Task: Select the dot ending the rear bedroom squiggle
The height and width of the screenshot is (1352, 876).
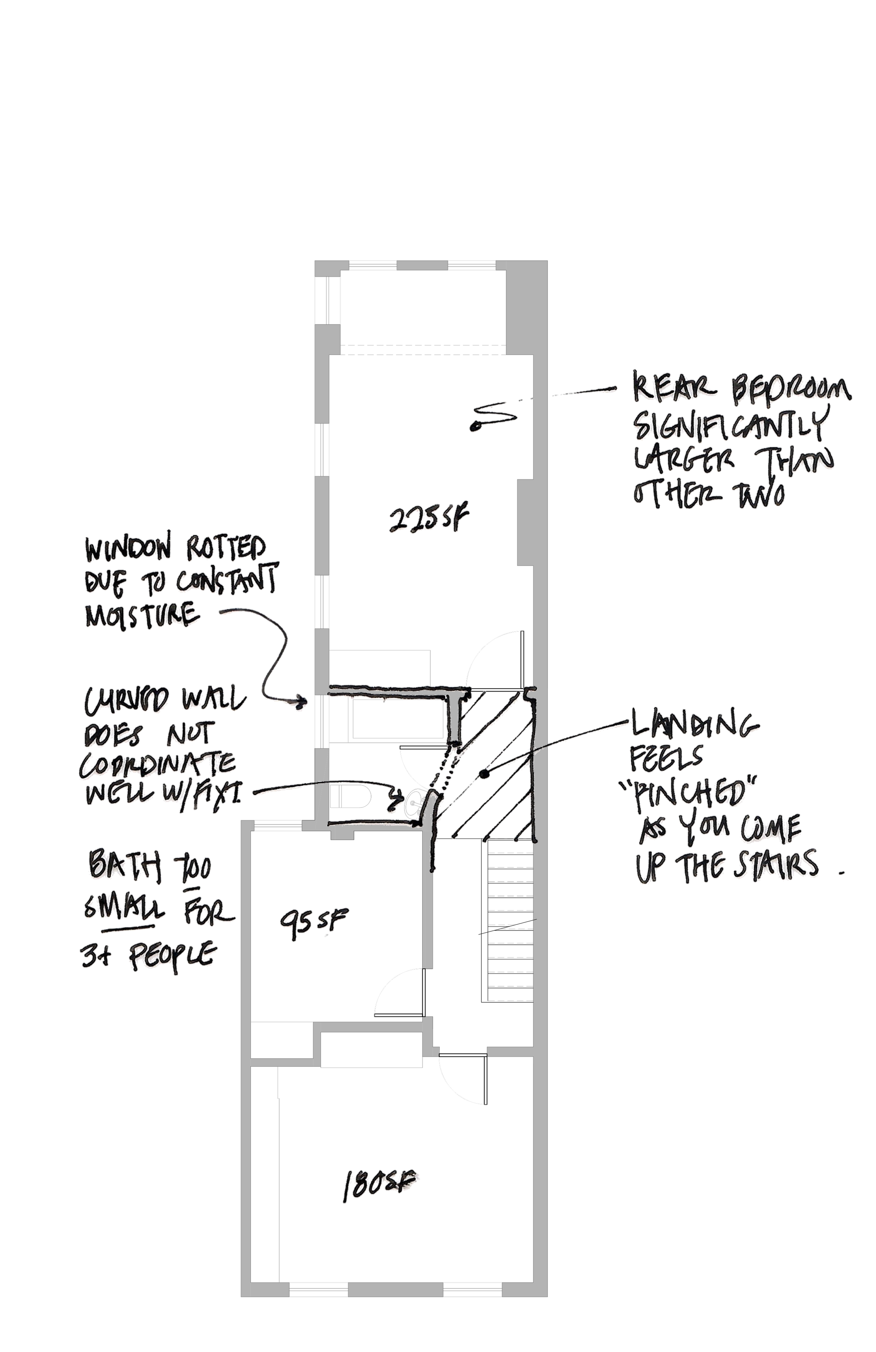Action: pos(478,424)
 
